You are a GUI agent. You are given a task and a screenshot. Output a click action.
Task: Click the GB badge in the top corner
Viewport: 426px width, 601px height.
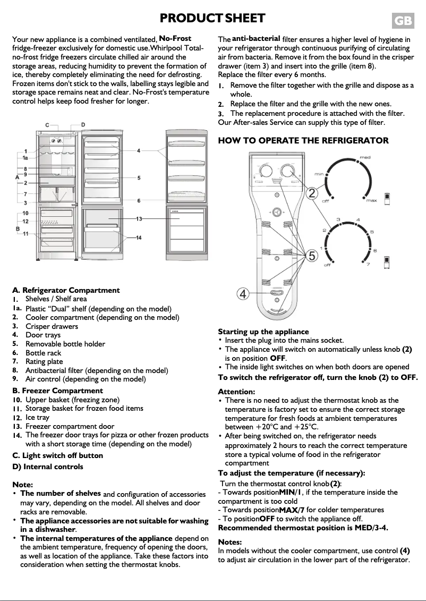[403, 21]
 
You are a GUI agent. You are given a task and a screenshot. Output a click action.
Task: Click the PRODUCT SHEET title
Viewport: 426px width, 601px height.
[212, 19]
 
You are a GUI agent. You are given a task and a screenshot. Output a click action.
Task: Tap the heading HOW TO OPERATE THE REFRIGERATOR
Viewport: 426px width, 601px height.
[303, 140]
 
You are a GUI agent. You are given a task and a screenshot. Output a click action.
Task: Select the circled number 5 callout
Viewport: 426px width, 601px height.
[313, 256]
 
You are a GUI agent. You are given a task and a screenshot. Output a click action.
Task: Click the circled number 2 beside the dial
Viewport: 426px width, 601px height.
[313, 193]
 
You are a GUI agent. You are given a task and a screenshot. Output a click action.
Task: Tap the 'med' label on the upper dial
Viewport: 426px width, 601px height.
[365, 157]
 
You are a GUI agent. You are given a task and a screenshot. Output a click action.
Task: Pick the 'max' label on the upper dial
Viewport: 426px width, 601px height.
[371, 200]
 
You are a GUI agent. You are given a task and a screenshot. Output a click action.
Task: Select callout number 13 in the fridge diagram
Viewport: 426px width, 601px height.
[139, 218]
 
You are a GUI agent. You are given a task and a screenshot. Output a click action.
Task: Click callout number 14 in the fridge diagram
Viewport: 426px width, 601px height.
[139, 238]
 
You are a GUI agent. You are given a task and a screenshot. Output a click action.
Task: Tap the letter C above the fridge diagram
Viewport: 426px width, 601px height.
[47, 125]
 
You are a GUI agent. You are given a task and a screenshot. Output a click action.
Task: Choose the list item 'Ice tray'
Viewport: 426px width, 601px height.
[37, 417]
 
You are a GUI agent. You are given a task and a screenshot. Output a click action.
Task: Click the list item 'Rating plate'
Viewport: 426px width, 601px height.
[44, 361]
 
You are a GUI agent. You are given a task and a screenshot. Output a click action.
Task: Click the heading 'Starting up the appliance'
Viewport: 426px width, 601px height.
[263, 332]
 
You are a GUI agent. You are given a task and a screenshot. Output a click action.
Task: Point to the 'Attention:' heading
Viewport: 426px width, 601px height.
[237, 391]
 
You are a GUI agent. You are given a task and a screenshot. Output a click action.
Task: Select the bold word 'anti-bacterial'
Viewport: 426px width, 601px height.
[256, 38]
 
